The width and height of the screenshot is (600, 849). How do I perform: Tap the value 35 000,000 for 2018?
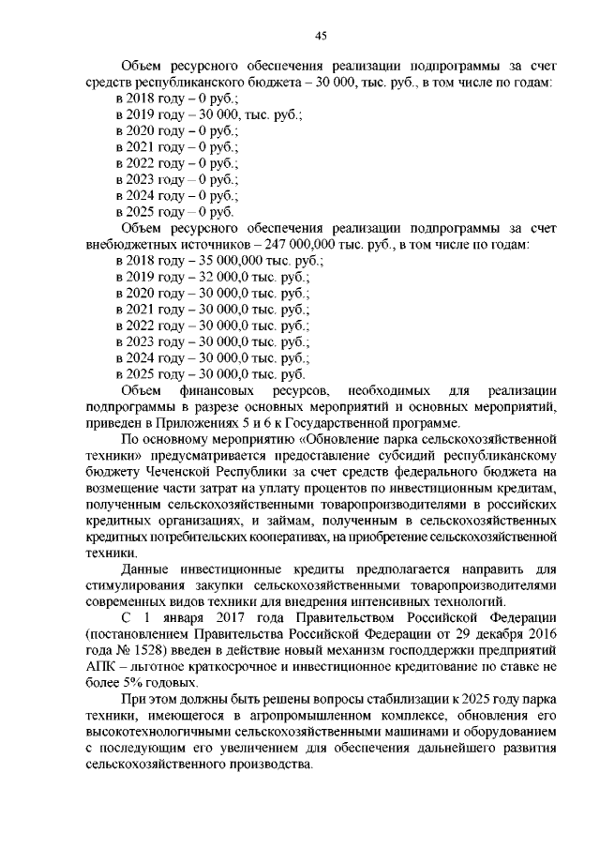[x=232, y=261]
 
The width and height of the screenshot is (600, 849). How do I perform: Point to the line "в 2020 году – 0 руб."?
[x=177, y=131]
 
